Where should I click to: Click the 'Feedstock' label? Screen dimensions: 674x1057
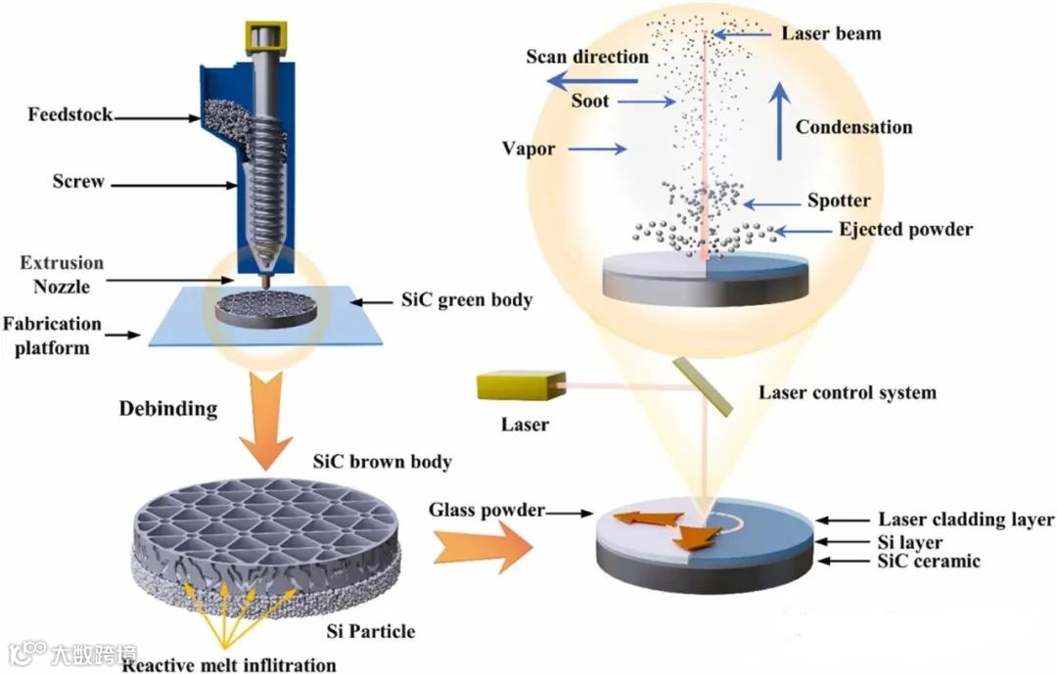pyautogui.click(x=70, y=115)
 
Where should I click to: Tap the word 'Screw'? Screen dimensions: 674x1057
pyautogui.click(x=79, y=181)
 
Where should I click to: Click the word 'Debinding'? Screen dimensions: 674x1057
pyautogui.click(x=167, y=407)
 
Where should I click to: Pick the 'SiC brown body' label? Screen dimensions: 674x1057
pyautogui.click(x=381, y=460)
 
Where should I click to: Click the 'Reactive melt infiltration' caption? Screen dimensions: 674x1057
pyautogui.click(x=229, y=665)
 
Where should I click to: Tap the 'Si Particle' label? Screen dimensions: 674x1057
pyautogui.click(x=370, y=631)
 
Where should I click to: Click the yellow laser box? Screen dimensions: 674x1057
pyautogui.click(x=514, y=388)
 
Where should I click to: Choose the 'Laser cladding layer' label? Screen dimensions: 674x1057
pyautogui.click(x=965, y=519)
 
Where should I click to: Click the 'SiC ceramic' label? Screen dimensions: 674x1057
pyautogui.click(x=929, y=561)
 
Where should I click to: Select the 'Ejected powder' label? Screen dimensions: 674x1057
pyautogui.click(x=905, y=230)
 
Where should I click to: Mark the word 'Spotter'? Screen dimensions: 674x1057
pyautogui.click(x=839, y=201)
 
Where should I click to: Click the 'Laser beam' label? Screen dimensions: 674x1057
pyautogui.click(x=831, y=33)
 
